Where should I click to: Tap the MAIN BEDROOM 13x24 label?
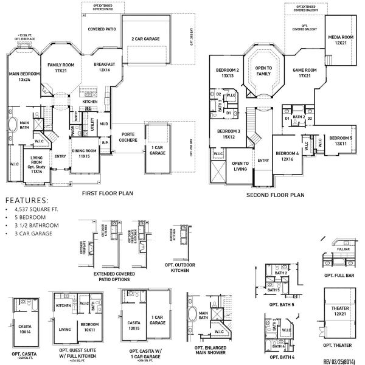click(x=20, y=76)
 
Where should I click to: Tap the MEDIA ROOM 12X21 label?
click(x=340, y=40)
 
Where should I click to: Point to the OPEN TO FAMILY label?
click(x=263, y=70)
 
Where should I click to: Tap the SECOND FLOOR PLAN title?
click(x=274, y=196)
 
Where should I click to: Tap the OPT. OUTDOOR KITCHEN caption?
click(x=179, y=268)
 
